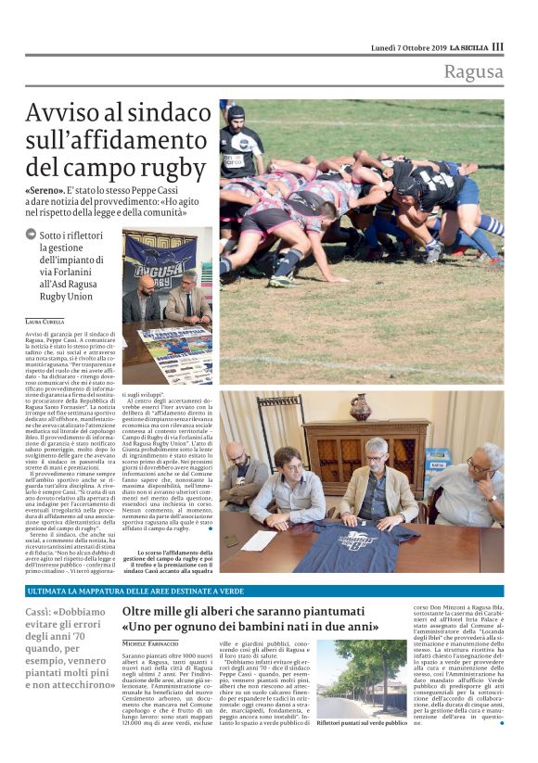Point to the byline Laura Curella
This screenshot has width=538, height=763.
click(46, 320)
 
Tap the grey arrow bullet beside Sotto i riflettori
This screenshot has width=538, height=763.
click(32, 235)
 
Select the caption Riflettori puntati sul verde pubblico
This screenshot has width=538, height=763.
click(362, 722)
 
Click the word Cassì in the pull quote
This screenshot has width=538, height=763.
click(41, 614)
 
